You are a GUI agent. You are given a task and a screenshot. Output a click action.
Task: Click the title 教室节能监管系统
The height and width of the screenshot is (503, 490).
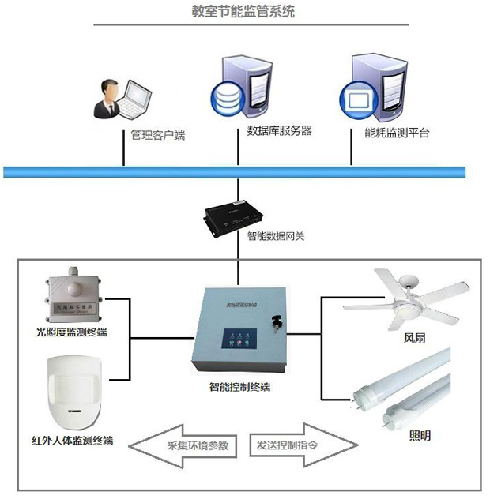tap(245, 12)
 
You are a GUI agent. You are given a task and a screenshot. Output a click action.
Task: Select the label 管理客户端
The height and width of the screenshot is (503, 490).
tap(157, 135)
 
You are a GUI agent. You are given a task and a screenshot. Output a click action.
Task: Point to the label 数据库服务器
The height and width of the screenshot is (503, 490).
tap(280, 130)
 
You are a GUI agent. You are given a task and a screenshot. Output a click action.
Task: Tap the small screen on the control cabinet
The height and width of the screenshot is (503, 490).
tap(237, 338)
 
